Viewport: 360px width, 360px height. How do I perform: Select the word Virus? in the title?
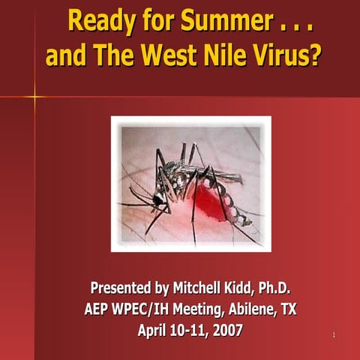point(280,55)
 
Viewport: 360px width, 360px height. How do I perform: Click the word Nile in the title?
point(212,55)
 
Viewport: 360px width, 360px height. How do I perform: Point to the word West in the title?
point(158,55)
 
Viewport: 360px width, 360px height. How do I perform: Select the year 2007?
point(222,329)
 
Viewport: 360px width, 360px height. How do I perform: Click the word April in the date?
point(156,329)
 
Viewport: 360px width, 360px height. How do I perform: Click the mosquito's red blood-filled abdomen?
point(207,199)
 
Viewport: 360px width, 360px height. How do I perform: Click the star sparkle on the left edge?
point(34,96)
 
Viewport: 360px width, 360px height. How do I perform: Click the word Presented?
point(120,288)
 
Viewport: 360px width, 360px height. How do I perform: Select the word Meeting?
point(193,308)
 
